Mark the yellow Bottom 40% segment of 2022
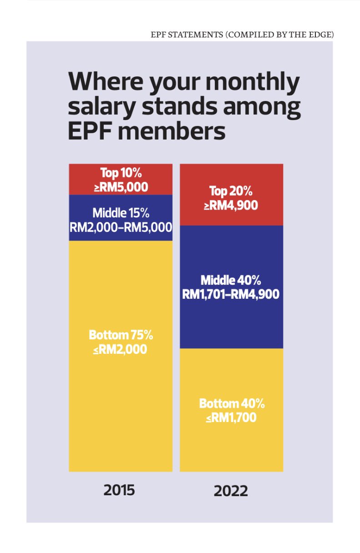click(231, 446)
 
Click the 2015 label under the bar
click(119, 490)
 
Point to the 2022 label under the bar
click(231, 491)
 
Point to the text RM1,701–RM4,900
click(231, 294)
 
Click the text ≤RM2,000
click(120, 350)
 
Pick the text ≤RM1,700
click(232, 417)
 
